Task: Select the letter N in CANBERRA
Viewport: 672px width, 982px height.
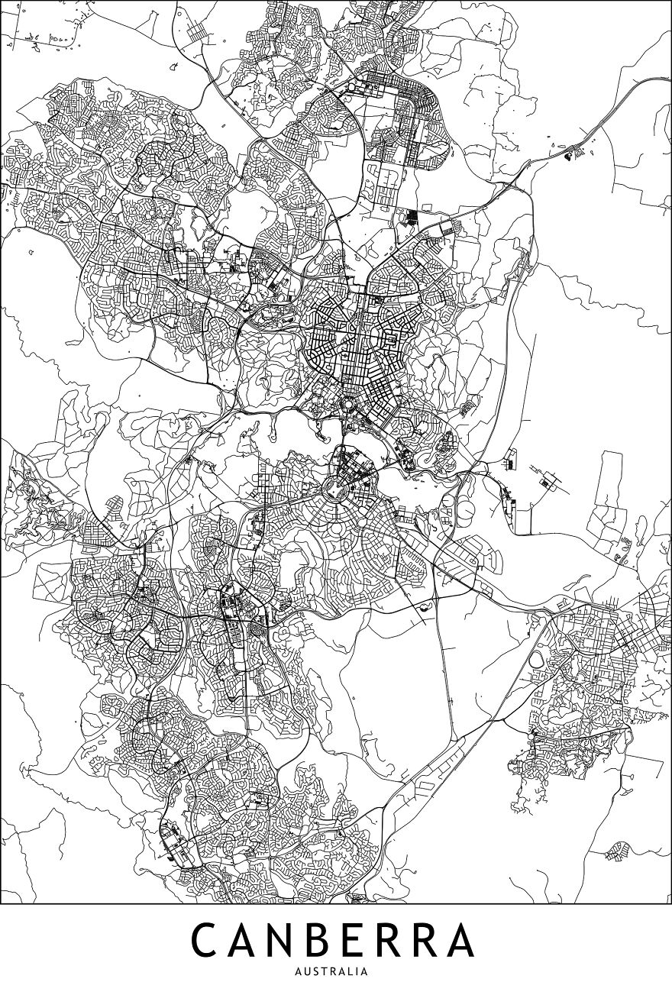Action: pos(293,940)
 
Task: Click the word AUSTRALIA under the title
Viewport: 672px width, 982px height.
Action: pos(336,972)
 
